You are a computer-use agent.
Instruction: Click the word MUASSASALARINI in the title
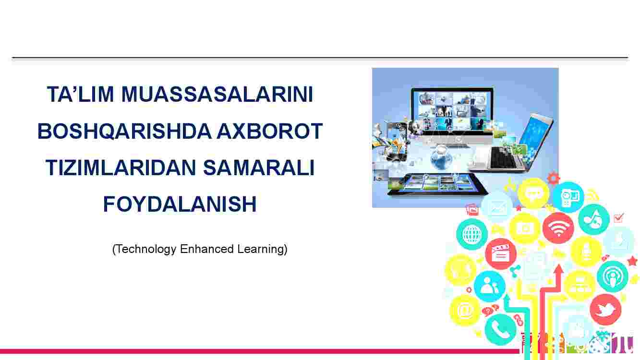[217, 94]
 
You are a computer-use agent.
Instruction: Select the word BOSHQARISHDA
[124, 131]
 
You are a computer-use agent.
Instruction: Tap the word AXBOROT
[270, 131]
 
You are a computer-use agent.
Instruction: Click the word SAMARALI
[259, 168]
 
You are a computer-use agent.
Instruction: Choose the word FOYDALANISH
[180, 204]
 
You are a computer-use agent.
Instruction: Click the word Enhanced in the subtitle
[207, 249]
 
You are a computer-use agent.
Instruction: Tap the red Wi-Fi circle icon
[558, 228]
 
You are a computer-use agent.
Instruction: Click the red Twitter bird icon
[605, 310]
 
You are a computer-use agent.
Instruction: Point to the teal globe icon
[472, 234]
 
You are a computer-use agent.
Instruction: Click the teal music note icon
[594, 219]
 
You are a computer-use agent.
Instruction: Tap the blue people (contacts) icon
[489, 286]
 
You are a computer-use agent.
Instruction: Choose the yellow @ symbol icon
[465, 310]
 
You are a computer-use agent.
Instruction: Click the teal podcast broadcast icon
[613, 276]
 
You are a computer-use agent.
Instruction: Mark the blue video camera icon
[568, 197]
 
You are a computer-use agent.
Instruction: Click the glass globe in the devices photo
[441, 158]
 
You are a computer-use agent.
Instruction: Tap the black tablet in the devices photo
[437, 184]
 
